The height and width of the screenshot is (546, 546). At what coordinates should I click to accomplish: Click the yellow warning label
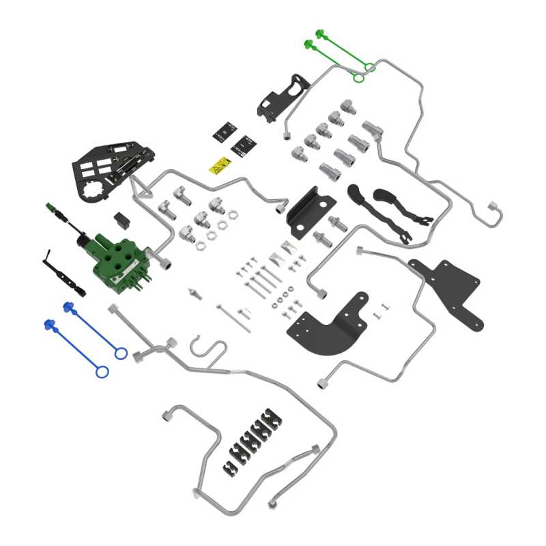(219, 164)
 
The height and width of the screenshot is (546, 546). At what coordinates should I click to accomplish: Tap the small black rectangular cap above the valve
(121, 219)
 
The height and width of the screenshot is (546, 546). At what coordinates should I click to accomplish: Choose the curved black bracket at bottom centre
(330, 326)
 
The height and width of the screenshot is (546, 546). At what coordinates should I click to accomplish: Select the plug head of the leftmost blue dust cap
(48, 324)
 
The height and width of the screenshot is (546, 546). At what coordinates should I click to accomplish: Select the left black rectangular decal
(225, 131)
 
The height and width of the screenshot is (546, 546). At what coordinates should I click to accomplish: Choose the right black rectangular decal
(244, 144)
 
